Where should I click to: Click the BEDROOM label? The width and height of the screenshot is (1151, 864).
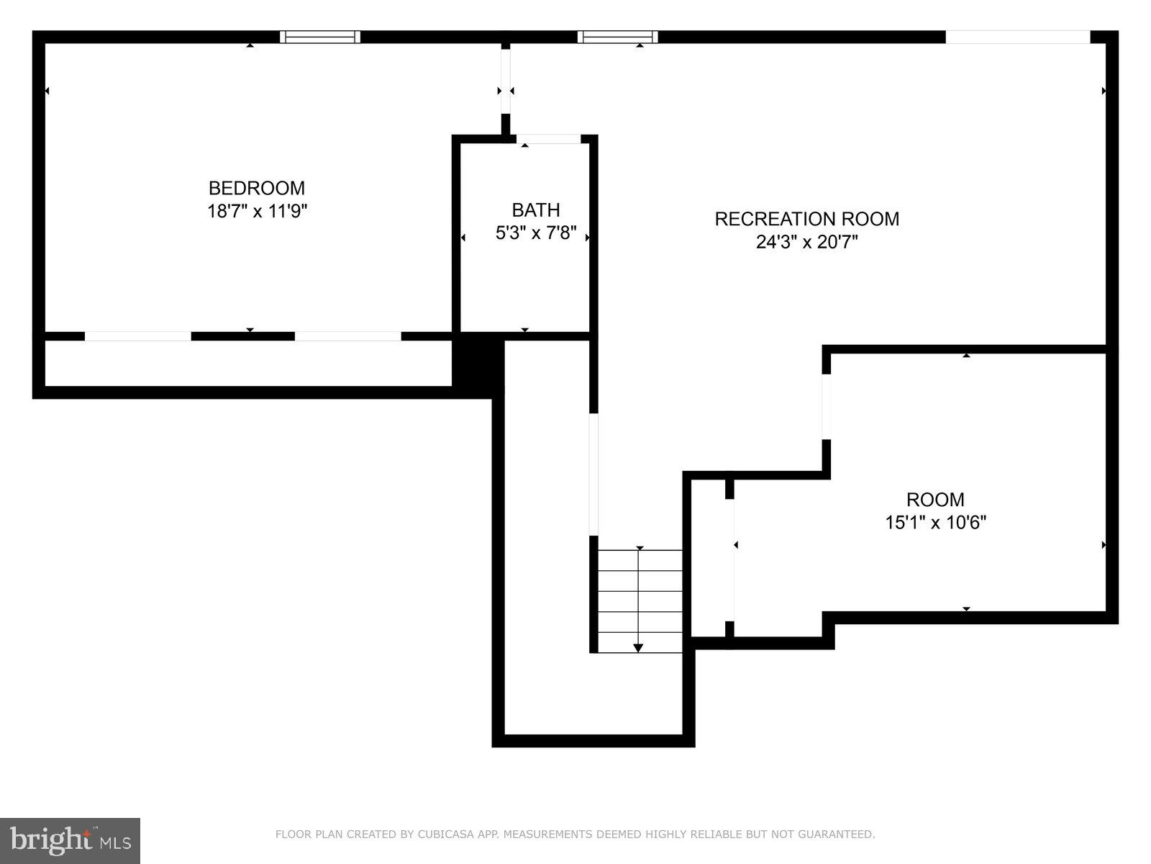257,188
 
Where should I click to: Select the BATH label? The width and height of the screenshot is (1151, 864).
535,210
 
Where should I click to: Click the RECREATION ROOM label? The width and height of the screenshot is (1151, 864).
806,219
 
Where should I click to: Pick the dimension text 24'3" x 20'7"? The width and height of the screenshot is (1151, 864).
806,242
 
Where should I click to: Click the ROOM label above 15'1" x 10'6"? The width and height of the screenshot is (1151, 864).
934,499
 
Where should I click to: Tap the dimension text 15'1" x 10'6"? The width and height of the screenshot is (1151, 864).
935,522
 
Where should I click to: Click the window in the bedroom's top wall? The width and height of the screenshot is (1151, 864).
319,37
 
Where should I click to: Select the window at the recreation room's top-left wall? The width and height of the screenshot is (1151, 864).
617,37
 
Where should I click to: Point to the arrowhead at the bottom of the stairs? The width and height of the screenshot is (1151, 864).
638,648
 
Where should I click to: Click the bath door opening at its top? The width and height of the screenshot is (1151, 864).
548,138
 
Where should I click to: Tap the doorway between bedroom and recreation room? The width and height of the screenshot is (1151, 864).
506,81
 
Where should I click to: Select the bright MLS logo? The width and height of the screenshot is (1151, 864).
70,840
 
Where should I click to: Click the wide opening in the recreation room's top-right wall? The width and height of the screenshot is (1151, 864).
1017,37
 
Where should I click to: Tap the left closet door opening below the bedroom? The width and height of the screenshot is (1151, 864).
138,336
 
